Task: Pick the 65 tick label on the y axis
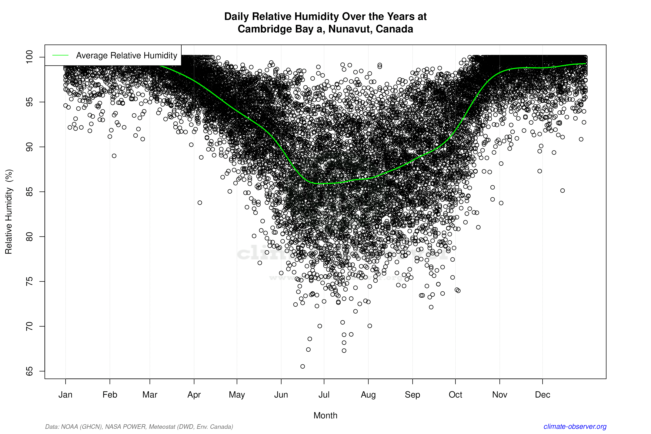pos(29,371)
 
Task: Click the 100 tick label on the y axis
pos(29,57)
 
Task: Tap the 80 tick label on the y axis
pos(29,237)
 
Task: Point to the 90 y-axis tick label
pos(29,147)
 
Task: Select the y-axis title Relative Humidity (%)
pos(9,212)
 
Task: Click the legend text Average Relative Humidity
pos(127,55)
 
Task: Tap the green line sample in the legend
pos(60,55)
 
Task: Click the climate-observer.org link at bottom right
pos(575,427)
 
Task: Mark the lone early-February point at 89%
pos(114,156)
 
